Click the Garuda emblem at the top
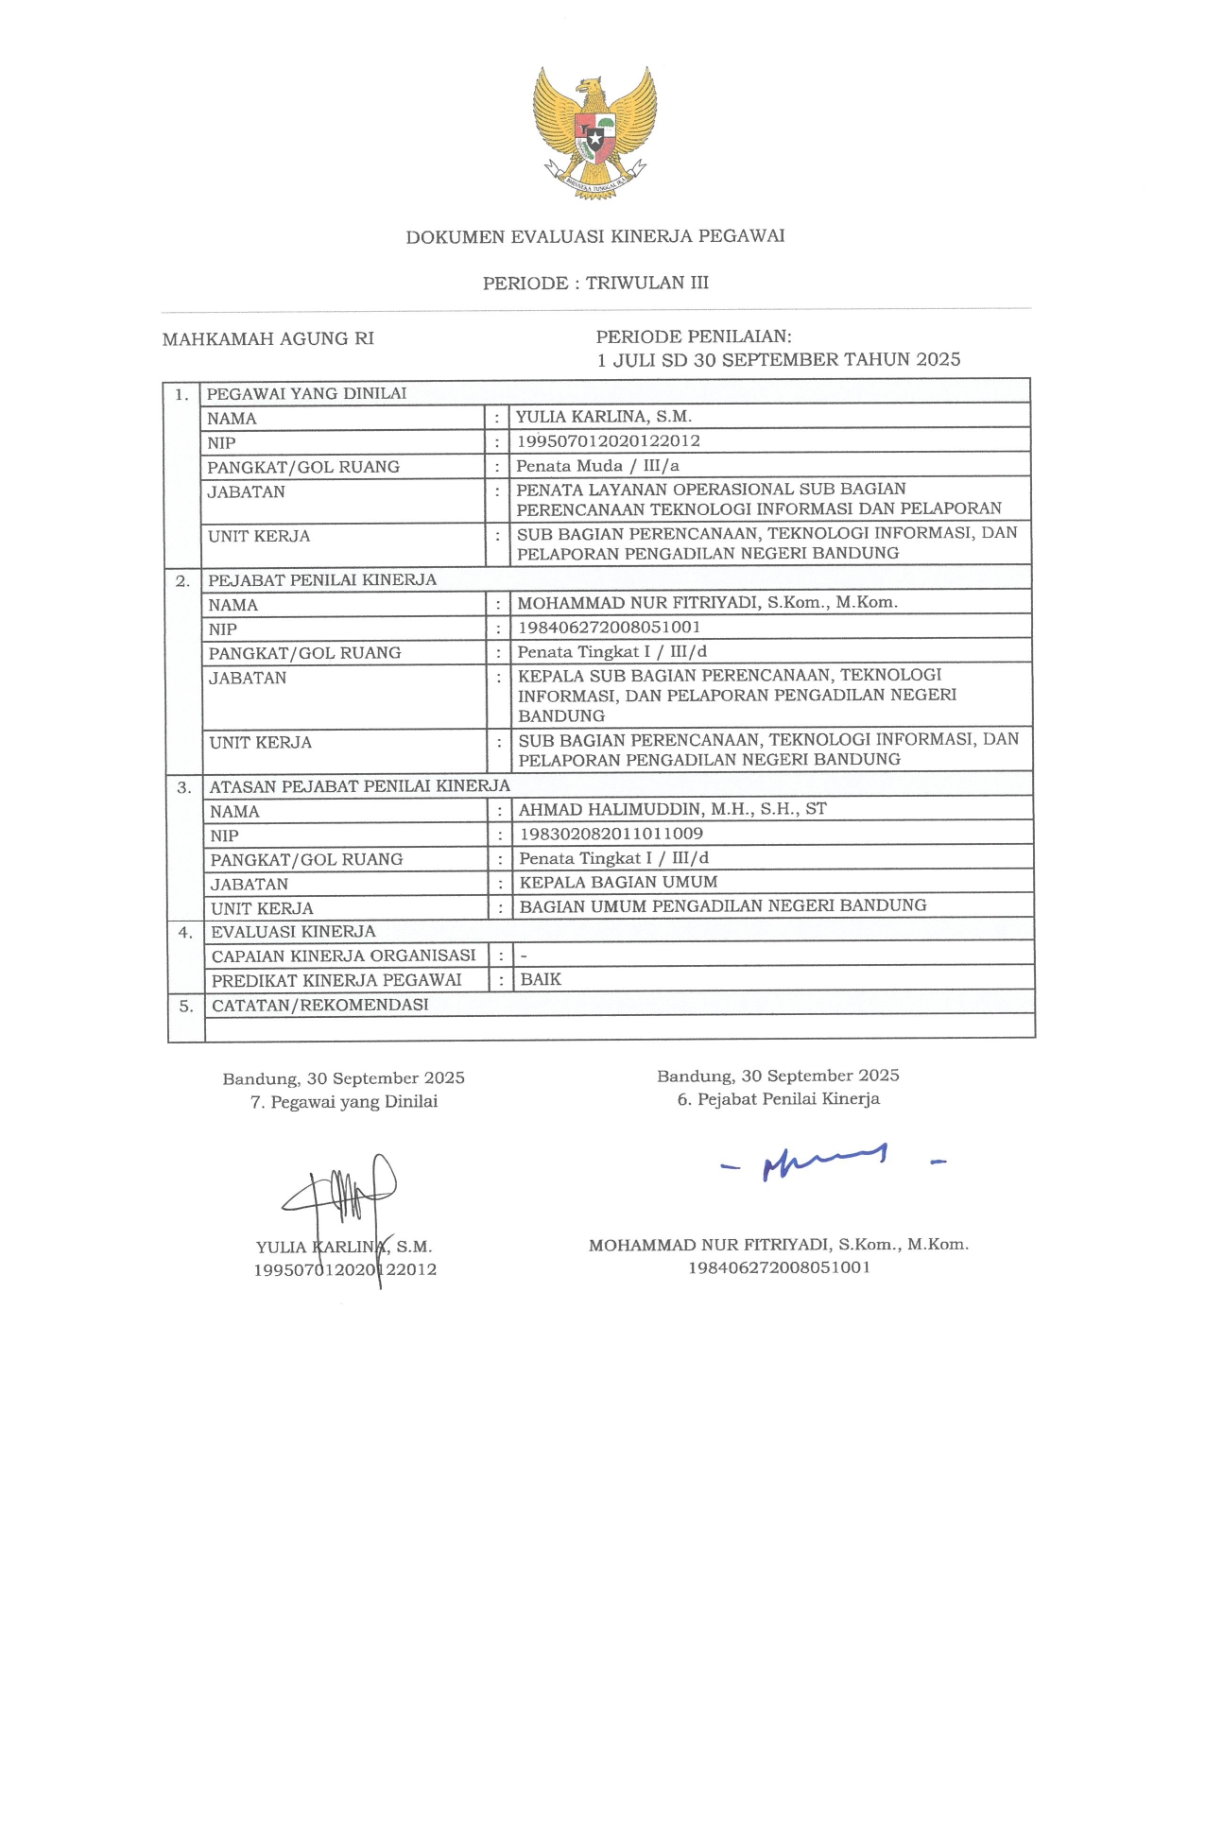click(x=594, y=130)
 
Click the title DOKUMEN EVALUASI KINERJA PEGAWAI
click(x=595, y=236)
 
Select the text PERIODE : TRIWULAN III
click(x=595, y=283)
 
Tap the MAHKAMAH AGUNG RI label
click(x=268, y=338)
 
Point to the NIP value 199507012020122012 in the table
click(x=608, y=440)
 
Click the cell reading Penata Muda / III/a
click(x=597, y=465)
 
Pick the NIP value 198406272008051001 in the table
click(x=610, y=627)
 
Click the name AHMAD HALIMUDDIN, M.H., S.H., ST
click(x=672, y=809)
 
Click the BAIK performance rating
click(x=541, y=979)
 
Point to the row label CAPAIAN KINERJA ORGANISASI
click(x=343, y=956)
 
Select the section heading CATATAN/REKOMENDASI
click(x=319, y=1005)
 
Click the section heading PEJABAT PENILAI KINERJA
click(x=322, y=579)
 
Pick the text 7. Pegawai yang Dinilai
click(x=344, y=1101)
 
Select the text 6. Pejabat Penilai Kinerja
click(x=778, y=1098)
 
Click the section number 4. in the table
click(x=185, y=932)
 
